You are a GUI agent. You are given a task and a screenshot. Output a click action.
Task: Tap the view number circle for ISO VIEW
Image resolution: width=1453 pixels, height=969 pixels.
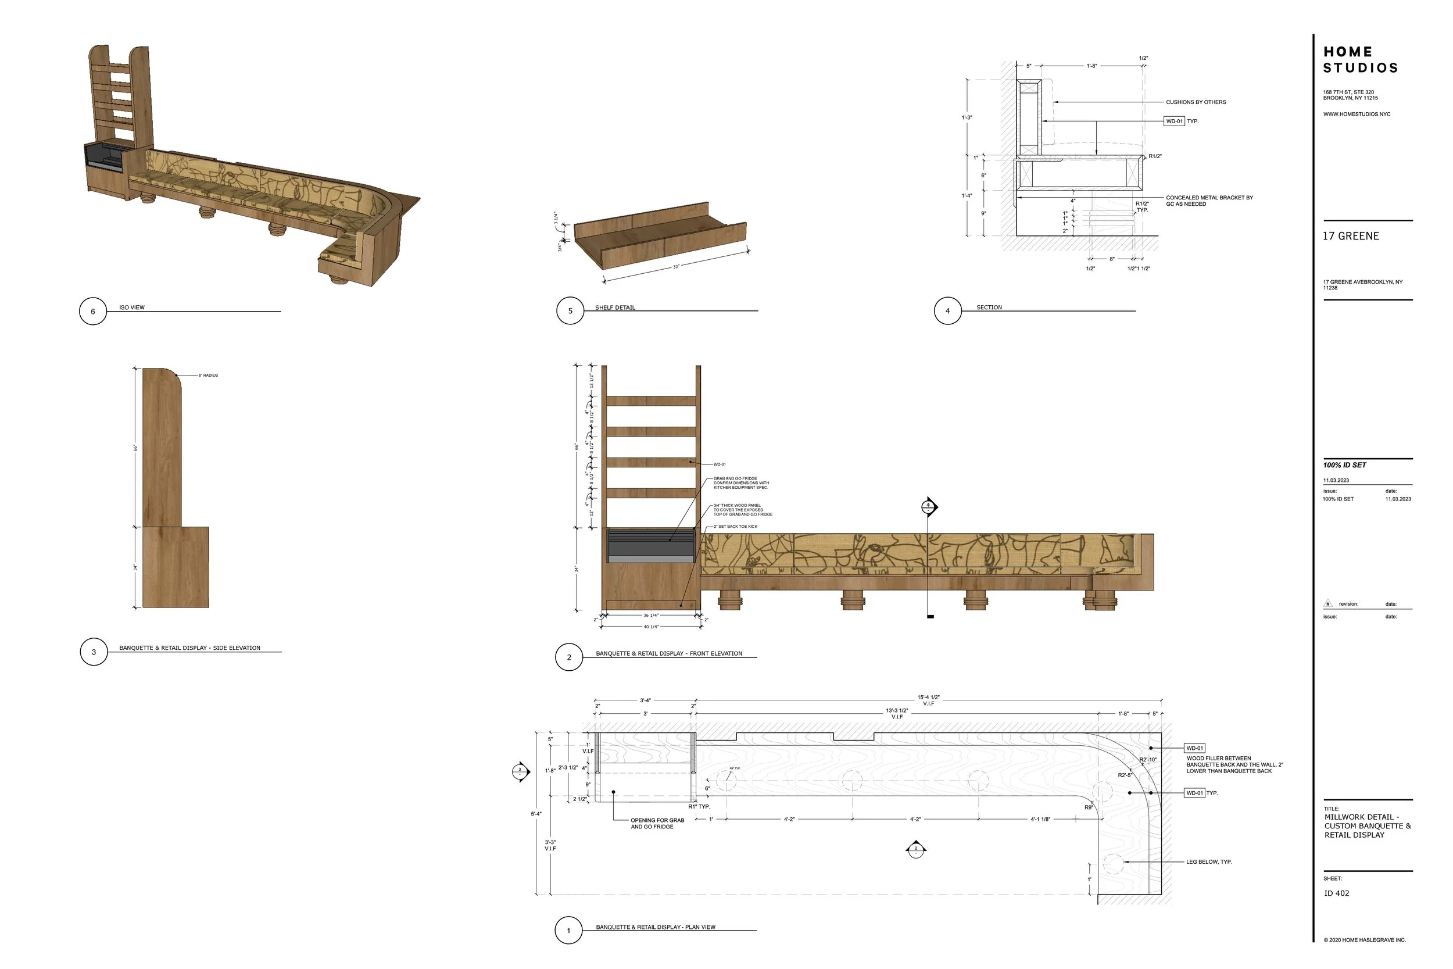92,312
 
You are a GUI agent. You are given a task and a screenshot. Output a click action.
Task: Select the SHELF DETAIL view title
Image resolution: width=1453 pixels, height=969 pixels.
615,307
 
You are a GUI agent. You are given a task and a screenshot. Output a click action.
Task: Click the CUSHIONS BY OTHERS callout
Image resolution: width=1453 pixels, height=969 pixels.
1196,102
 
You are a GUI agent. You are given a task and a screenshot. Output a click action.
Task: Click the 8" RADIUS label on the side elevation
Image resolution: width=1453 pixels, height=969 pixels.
208,375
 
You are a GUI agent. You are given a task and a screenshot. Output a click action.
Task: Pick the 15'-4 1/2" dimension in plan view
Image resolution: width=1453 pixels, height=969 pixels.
928,698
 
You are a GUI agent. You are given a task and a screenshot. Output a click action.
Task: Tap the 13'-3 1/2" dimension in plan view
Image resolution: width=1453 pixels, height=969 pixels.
897,711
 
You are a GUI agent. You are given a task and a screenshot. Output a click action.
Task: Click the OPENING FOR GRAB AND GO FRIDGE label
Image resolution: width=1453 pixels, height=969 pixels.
657,823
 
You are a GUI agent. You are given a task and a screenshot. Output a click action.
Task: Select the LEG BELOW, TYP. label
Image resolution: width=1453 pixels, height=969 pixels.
1208,861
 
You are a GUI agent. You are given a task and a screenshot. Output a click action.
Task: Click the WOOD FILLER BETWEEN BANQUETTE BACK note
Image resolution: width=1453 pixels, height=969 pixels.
1234,764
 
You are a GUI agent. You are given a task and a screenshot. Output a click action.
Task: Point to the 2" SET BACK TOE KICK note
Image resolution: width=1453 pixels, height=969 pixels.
735,527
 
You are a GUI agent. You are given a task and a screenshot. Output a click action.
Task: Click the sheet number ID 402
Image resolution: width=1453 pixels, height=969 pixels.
1336,893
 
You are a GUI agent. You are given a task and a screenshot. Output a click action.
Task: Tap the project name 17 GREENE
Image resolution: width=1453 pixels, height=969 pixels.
1351,236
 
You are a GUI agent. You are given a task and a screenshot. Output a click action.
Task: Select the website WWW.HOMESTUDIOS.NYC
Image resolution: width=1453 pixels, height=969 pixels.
1357,115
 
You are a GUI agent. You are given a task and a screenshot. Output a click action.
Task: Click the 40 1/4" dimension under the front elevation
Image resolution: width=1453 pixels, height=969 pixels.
651,627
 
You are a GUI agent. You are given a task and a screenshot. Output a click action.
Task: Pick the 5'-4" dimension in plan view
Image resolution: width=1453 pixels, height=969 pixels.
536,814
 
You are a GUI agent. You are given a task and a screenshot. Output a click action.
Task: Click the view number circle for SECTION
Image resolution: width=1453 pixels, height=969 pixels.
947,312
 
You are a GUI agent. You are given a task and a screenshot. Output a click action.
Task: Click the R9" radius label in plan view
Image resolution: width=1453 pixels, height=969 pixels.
1089,807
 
